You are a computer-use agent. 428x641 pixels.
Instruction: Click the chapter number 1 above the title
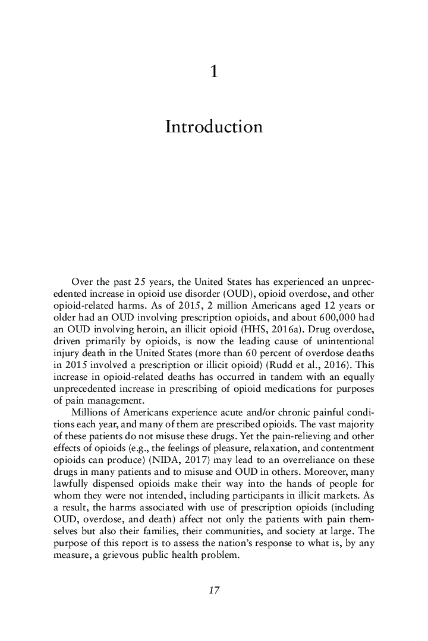214,72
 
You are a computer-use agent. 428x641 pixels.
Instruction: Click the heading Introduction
213,127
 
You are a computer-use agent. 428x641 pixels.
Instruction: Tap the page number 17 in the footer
214,590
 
